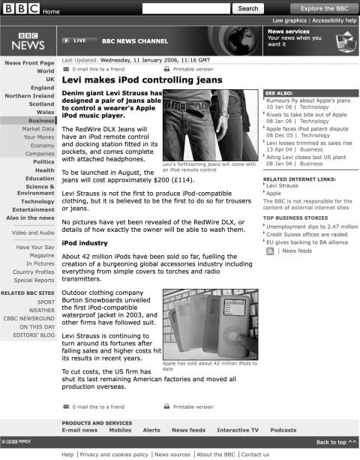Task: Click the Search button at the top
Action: tap(248, 8)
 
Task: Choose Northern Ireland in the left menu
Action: tap(29, 96)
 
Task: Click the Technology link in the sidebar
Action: tap(37, 201)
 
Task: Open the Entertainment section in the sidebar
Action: tap(34, 209)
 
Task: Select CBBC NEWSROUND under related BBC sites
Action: tap(28, 317)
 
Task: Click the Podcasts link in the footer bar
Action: tap(283, 430)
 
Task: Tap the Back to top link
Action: tap(336, 442)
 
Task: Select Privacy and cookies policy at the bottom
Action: tap(115, 454)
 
